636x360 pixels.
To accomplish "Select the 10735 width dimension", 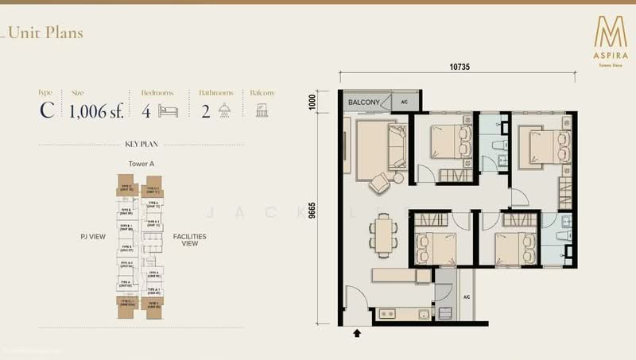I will pyautogui.click(x=460, y=68).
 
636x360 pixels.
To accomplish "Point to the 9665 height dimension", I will pyautogui.click(x=312, y=213).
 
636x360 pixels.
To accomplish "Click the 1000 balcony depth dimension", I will pyautogui.click(x=312, y=101).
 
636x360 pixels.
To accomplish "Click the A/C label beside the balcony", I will pyautogui.click(x=404, y=103).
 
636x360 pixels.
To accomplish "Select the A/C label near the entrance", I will pyautogui.click(x=467, y=298).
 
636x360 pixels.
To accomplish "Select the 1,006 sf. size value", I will pyautogui.click(x=96, y=110).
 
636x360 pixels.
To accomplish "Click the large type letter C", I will pyautogui.click(x=47, y=110).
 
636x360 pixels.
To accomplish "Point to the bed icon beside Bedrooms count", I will pyautogui.click(x=168, y=110).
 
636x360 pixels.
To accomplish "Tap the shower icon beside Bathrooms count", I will pyautogui.click(x=225, y=110).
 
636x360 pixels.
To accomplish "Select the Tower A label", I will pyautogui.click(x=141, y=164).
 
